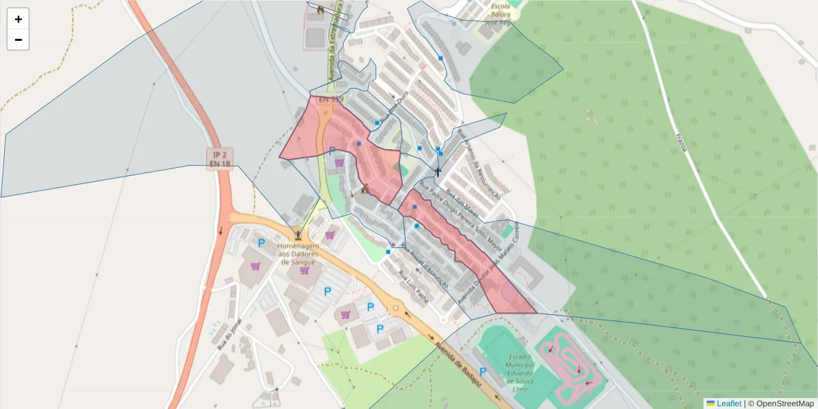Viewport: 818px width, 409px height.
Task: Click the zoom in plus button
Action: coord(18,19)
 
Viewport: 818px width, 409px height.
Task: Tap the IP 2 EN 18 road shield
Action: coord(220,158)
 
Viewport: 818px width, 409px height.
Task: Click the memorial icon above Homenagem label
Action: coord(297,233)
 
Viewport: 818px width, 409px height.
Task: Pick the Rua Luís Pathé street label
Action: coord(413,287)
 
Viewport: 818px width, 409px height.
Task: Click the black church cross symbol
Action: coord(438,171)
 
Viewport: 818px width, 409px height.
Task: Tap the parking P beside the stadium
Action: coord(483,372)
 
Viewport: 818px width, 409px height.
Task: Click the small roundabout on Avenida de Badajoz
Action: coord(395,308)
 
